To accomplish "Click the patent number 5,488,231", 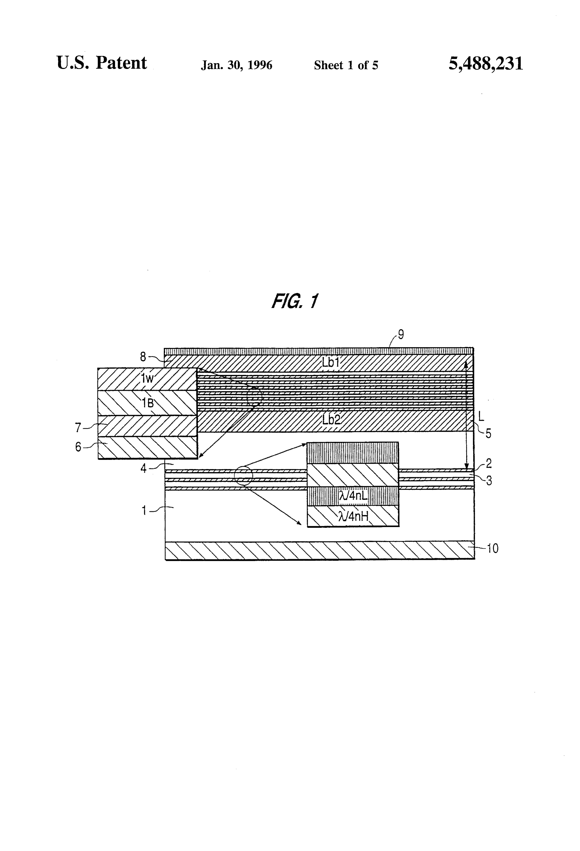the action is coord(485,63).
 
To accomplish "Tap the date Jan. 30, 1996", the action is coord(236,65).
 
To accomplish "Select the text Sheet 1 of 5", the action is coord(346,65).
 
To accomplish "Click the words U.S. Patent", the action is coord(101,63).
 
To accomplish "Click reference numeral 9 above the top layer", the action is coord(401,334).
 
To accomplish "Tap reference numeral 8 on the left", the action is coord(143,357).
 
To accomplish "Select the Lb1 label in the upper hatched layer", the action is coord(331,363).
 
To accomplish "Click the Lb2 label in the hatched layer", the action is coord(331,420).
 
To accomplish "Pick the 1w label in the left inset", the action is coord(147,378).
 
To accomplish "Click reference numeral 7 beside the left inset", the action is coord(78,427).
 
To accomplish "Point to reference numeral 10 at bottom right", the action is coord(492,549).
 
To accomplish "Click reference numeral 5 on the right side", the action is coord(488,433).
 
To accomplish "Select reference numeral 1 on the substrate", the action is coord(144,510).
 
